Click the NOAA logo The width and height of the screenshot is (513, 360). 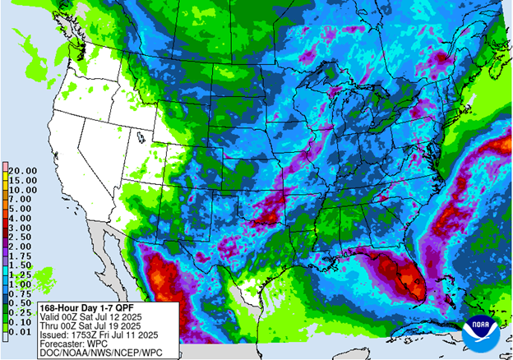pyautogui.click(x=479, y=332)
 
